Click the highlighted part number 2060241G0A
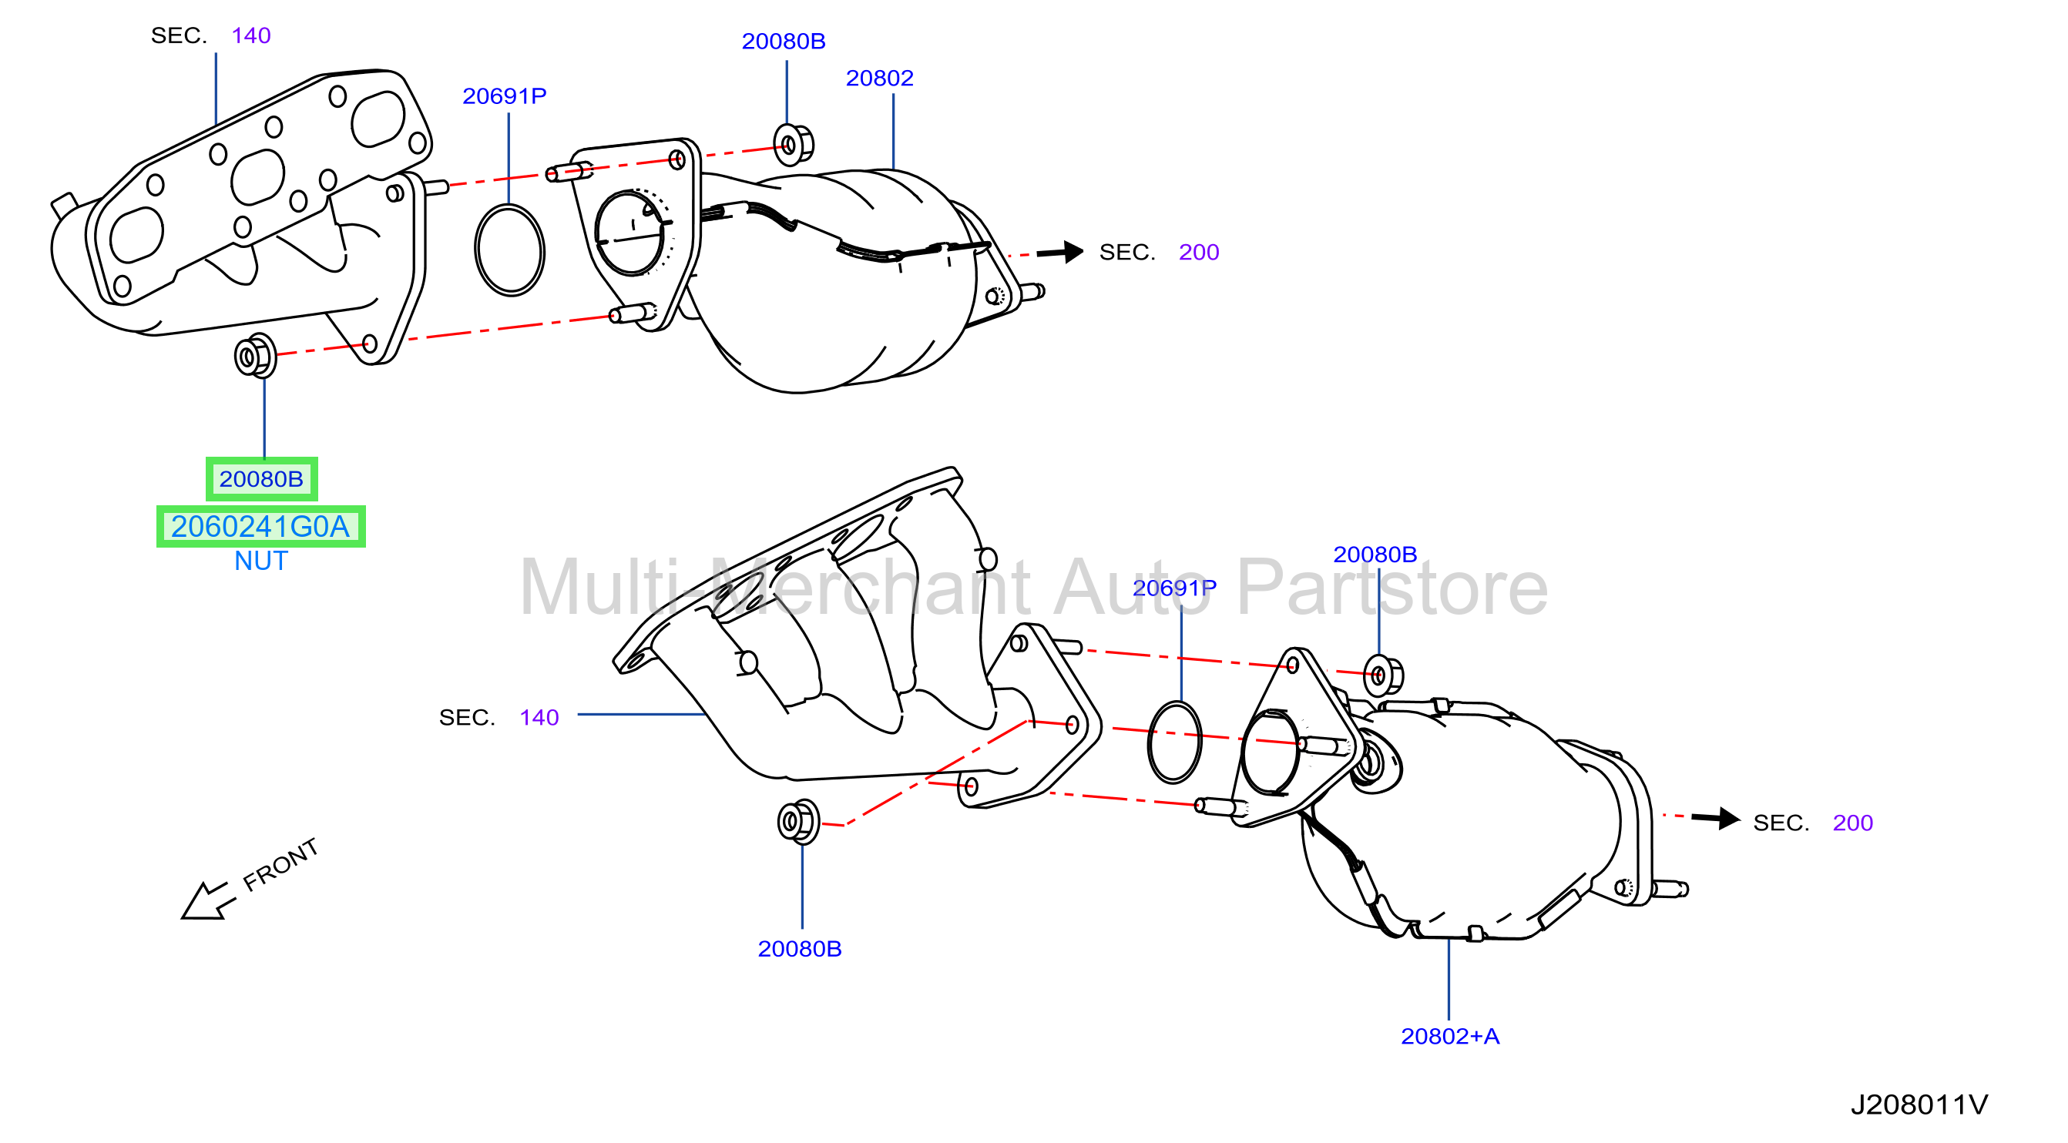tap(260, 527)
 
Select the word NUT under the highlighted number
tap(261, 561)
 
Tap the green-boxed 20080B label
tap(261, 479)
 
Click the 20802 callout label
tap(879, 78)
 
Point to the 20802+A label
tap(1450, 1036)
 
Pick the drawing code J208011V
tap(1919, 1105)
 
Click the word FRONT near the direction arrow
tap(280, 864)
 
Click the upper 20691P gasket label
tap(504, 96)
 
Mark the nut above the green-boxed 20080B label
tap(255, 356)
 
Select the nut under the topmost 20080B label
tap(792, 145)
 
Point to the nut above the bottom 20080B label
tap(798, 822)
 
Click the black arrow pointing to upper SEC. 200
tap(1059, 252)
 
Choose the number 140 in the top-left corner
tap(250, 35)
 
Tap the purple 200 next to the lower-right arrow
tap(1852, 823)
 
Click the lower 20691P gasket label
tap(1174, 588)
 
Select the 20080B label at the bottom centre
tap(800, 949)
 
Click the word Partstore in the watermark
tap(1392, 588)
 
